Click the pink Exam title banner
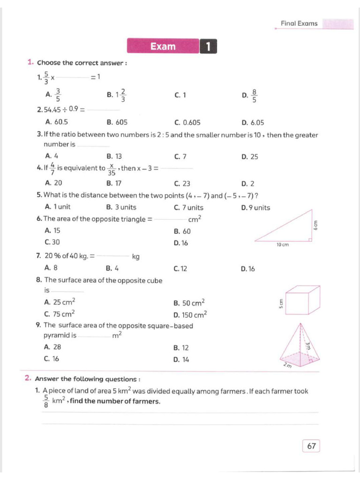pos(163,46)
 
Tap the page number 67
pos(311,446)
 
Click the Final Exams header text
pos(299,23)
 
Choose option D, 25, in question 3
pos(254,157)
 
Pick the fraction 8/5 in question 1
pos(254,95)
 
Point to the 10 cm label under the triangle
pos(282,245)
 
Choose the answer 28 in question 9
pos(57,347)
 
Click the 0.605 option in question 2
pos(191,123)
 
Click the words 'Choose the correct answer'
pos(82,63)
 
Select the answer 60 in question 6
pos(186,231)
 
